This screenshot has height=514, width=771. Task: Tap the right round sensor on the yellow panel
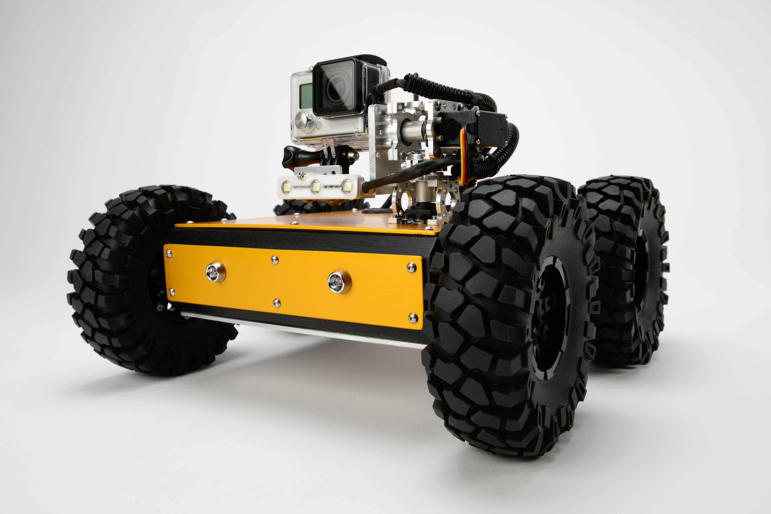[x=339, y=281]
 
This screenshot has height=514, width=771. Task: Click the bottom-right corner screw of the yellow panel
[x=413, y=317]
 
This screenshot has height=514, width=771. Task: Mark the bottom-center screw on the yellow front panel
[x=277, y=303]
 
